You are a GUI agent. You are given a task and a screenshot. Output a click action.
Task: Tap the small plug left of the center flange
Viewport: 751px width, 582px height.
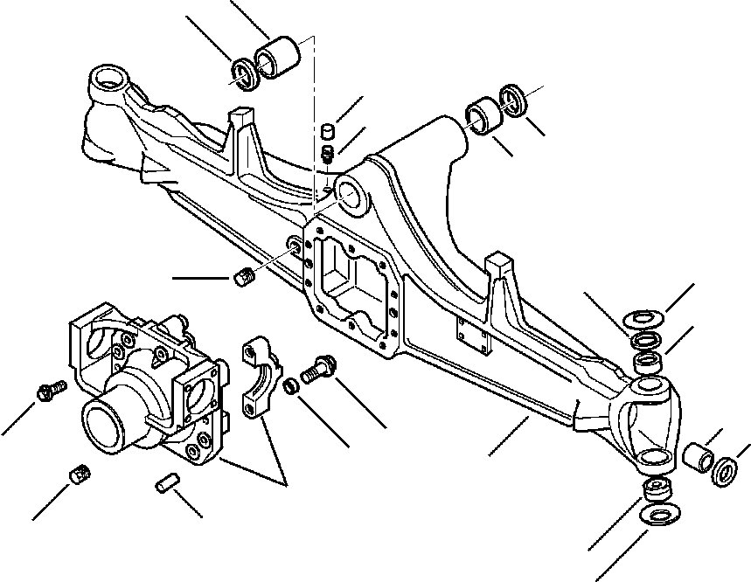[245, 279]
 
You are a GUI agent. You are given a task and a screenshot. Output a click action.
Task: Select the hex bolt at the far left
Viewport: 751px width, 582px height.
[49, 392]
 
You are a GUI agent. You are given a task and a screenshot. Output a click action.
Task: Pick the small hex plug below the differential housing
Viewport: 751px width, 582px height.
[80, 475]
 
